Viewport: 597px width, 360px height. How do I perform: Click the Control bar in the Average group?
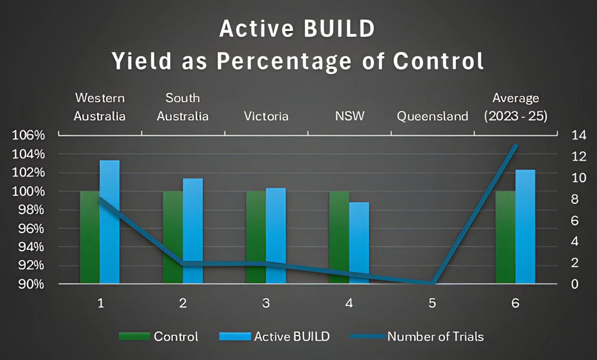click(505, 237)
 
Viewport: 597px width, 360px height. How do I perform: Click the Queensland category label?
click(432, 116)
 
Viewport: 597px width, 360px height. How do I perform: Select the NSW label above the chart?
click(349, 116)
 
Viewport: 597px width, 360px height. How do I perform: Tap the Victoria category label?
click(266, 116)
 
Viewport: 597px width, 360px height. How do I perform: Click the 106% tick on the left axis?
click(28, 135)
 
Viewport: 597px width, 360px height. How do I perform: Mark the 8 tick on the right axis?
click(575, 199)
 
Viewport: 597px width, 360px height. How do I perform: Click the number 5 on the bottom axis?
click(432, 303)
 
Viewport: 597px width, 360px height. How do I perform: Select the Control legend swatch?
click(134, 336)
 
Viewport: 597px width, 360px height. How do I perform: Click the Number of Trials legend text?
click(435, 336)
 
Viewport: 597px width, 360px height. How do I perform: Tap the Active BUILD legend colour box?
click(235, 336)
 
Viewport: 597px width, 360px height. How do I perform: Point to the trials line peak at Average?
click(515, 146)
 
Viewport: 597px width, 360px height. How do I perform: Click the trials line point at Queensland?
click(432, 283)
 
